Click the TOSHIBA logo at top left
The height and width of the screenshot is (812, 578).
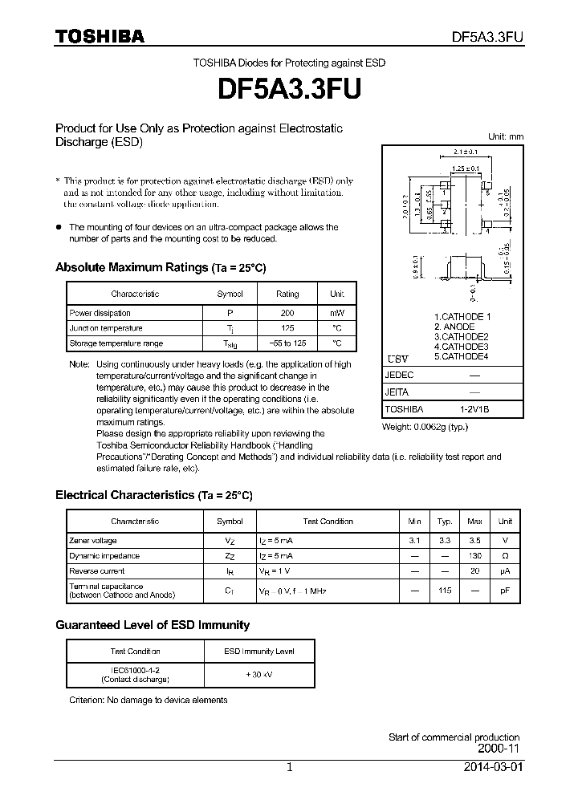point(100,36)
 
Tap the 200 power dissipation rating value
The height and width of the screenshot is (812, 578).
point(287,313)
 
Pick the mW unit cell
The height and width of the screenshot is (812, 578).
point(336,313)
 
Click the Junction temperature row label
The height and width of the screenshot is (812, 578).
point(106,328)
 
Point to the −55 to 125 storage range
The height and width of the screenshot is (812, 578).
point(287,343)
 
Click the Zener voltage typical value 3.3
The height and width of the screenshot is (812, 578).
point(444,541)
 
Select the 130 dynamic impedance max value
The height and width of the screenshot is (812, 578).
point(474,556)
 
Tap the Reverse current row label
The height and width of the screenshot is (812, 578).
point(97,571)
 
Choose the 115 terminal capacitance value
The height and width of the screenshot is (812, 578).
point(444,591)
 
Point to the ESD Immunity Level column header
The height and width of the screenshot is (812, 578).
point(258,652)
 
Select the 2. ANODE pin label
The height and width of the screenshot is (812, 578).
point(454,327)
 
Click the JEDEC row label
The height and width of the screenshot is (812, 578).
point(400,375)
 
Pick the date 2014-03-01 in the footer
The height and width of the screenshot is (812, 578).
point(492,767)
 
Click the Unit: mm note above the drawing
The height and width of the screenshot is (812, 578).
point(506,136)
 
